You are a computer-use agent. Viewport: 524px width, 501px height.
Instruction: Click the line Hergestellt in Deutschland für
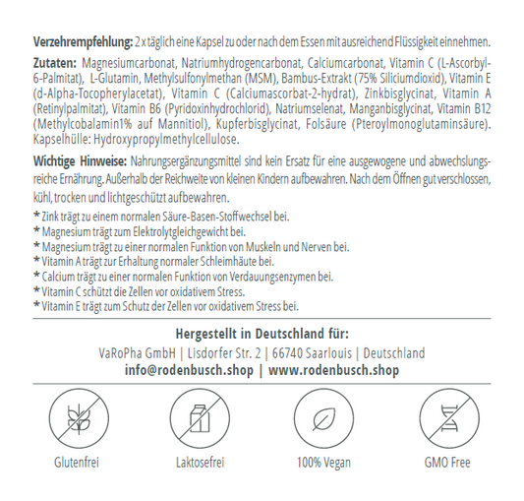pos(261,334)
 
